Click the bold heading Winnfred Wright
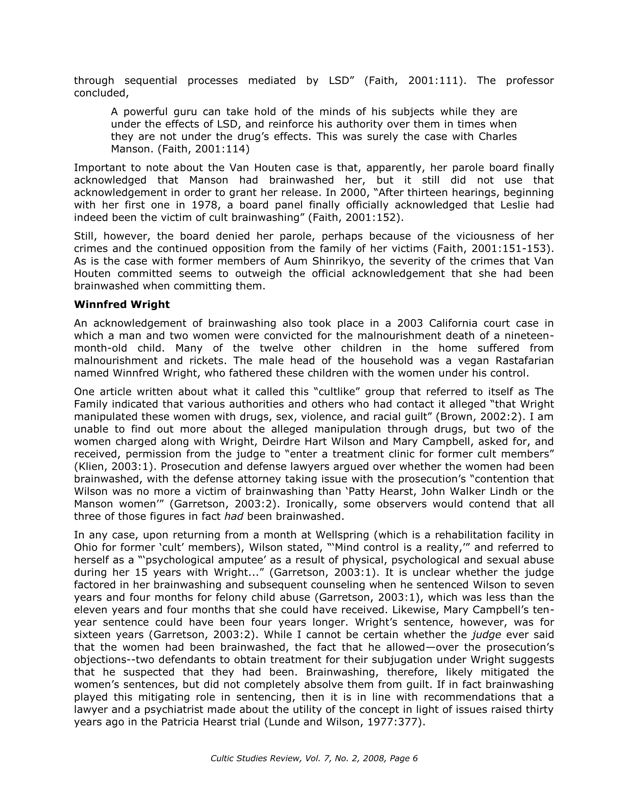(x=122, y=305)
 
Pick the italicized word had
(x=234, y=516)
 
